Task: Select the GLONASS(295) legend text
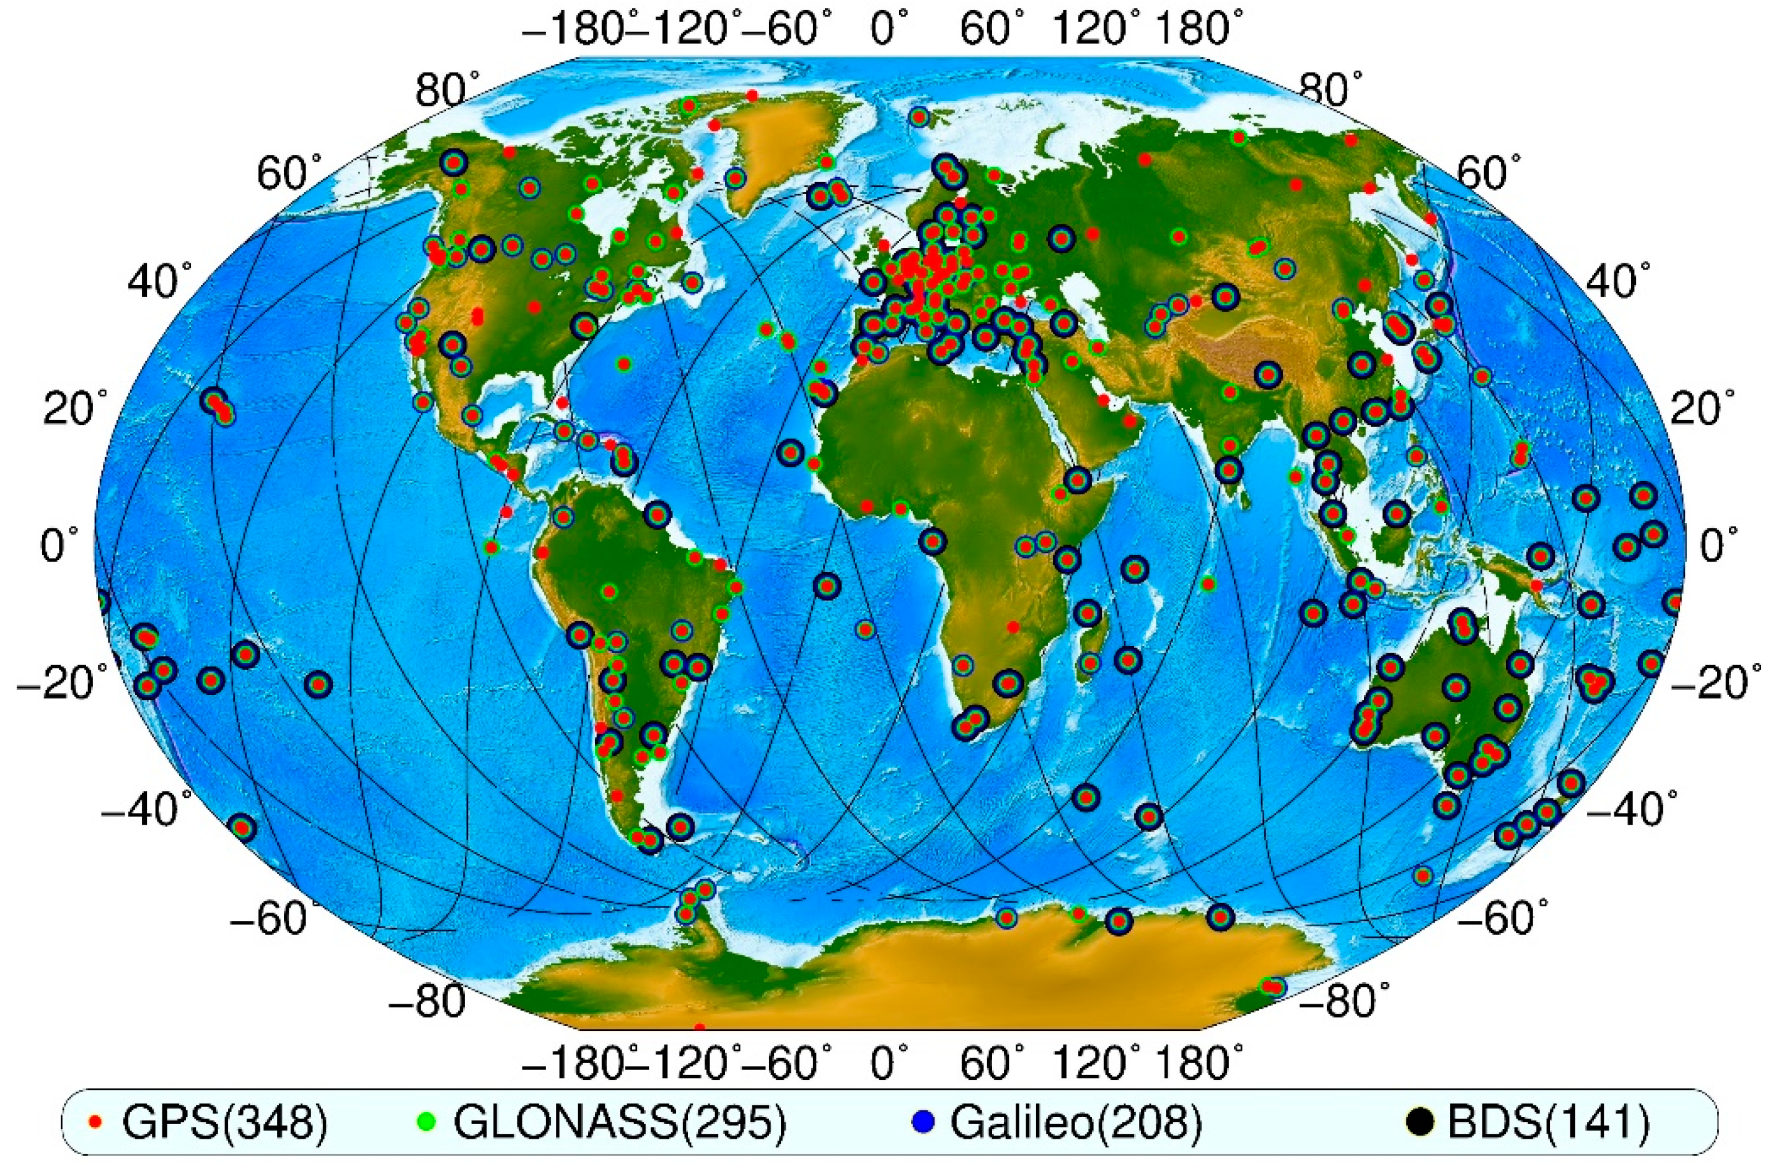click(x=620, y=1124)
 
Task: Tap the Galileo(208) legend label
click(x=1076, y=1124)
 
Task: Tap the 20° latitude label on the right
click(x=1696, y=408)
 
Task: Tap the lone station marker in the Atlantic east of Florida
click(x=623, y=364)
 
